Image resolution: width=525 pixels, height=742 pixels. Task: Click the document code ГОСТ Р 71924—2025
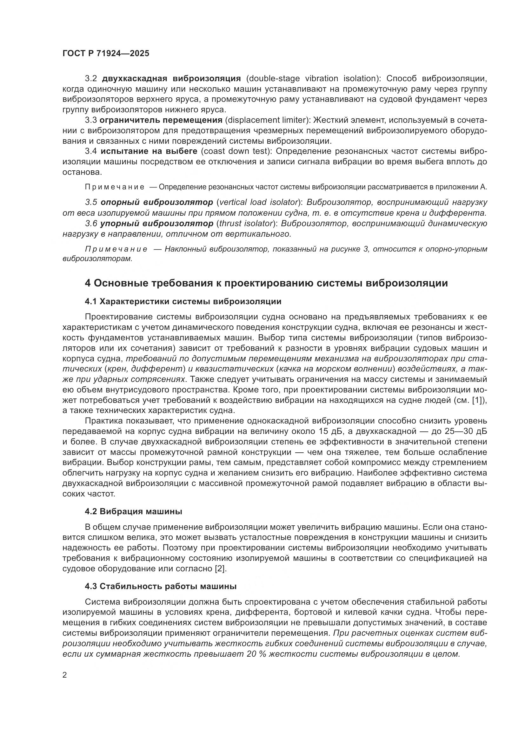[x=106, y=54]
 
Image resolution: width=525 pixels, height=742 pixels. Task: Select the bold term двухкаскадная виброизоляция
[x=171, y=79]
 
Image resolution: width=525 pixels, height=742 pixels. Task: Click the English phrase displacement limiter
[x=266, y=120]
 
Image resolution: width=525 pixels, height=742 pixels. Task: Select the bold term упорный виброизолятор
[x=157, y=223]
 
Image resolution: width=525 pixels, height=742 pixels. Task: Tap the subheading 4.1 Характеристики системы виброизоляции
[x=183, y=301]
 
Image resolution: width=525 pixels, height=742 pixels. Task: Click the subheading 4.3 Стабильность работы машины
[x=161, y=586]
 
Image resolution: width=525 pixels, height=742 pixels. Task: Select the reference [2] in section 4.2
[x=221, y=568]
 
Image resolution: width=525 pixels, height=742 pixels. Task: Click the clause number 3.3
[x=91, y=120]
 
